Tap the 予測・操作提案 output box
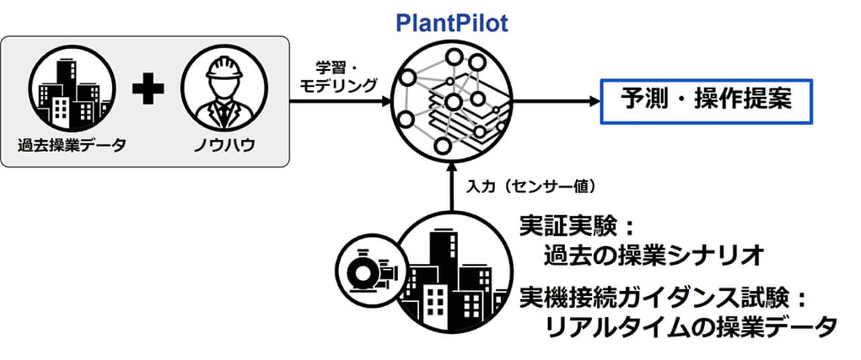(x=706, y=102)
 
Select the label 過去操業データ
(x=73, y=146)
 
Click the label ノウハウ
(x=224, y=146)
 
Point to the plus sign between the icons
(x=148, y=89)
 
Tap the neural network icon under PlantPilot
(x=451, y=101)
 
